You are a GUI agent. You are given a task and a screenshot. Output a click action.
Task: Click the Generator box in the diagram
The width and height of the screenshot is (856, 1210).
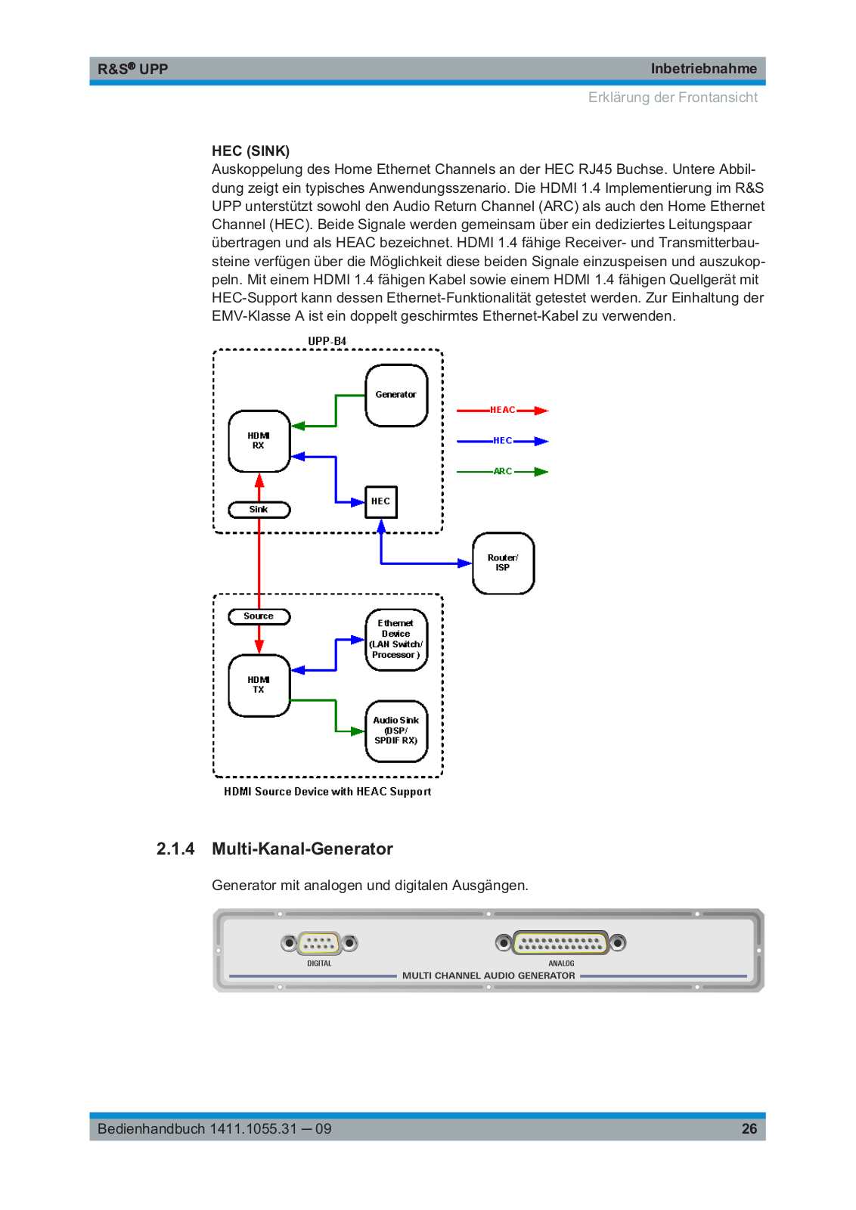(x=396, y=396)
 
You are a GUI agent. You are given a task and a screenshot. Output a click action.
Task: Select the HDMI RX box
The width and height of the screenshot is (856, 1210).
(x=259, y=441)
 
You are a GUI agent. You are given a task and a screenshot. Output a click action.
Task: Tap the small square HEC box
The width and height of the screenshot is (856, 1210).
(x=381, y=502)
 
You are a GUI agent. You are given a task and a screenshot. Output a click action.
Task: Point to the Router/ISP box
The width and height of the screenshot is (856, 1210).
(x=503, y=563)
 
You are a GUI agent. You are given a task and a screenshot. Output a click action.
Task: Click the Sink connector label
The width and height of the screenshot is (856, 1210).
(x=259, y=510)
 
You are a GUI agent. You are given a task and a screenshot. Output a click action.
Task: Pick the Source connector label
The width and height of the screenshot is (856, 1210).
(x=259, y=616)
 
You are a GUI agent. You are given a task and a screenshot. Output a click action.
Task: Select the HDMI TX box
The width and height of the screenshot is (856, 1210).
(x=259, y=685)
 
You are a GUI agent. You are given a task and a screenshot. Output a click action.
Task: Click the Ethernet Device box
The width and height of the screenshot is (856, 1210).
(x=396, y=640)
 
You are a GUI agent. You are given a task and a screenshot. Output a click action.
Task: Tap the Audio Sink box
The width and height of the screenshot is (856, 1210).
(x=396, y=731)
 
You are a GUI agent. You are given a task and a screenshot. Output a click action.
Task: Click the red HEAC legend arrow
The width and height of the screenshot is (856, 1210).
(x=502, y=411)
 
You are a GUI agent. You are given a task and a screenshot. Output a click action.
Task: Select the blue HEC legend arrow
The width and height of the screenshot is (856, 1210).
(x=502, y=442)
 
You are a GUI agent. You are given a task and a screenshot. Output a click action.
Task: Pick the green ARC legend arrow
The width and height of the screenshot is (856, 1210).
(x=502, y=472)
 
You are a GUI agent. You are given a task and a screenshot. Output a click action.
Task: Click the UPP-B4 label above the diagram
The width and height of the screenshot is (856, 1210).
(x=327, y=341)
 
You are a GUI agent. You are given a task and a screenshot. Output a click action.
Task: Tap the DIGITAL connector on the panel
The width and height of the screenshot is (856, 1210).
(x=319, y=943)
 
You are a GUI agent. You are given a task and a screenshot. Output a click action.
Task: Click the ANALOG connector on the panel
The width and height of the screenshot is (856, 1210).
(x=560, y=942)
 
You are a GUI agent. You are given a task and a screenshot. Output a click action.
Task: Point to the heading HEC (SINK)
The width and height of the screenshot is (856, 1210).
(x=250, y=150)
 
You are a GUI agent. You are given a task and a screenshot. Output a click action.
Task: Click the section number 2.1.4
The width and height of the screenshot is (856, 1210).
(x=175, y=849)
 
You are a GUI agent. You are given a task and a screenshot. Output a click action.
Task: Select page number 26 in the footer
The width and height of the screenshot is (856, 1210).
(x=749, y=1128)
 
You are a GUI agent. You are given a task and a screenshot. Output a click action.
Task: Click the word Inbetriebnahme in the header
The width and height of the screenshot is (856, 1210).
(x=704, y=69)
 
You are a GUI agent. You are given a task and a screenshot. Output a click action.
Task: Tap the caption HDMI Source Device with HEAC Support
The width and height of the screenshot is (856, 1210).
(x=327, y=791)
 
